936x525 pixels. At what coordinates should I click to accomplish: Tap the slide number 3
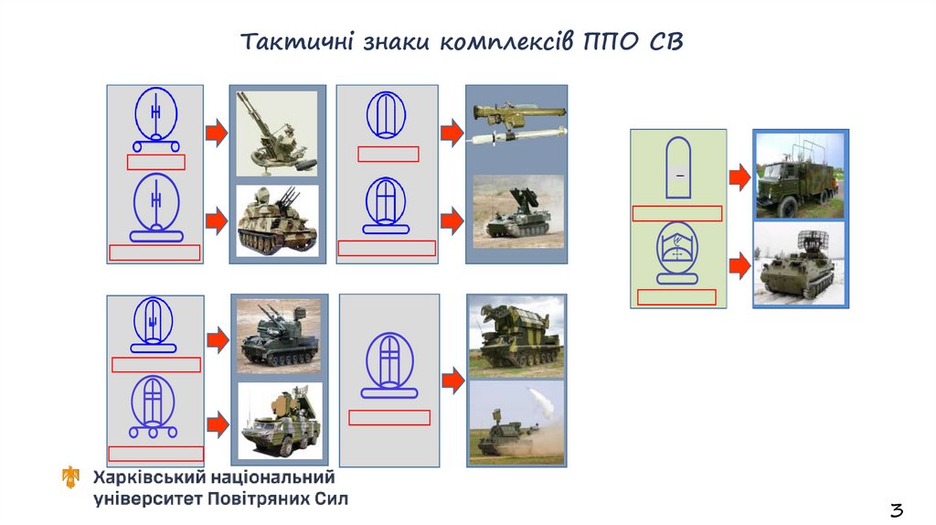coord(897,510)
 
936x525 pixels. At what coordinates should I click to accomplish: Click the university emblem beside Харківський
coord(71,477)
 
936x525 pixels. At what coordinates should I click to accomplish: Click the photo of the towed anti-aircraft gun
coord(277,134)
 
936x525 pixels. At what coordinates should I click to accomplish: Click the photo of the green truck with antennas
coord(800,176)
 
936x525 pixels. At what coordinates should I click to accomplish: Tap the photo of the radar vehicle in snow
coord(800,264)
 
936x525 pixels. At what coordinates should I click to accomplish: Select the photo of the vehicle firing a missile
coord(516,423)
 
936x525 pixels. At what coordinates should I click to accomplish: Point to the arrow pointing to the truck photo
coord(739,177)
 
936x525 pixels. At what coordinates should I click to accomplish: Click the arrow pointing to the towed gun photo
coord(216,133)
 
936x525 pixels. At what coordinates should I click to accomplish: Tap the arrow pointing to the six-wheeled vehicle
coord(218,424)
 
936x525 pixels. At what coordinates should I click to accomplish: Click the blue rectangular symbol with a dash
coord(678,167)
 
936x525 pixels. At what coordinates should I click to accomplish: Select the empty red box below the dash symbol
coord(677,213)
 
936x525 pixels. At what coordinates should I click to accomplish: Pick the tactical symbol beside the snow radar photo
coord(677,252)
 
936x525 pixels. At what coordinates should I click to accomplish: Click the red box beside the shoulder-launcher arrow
coord(388,154)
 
